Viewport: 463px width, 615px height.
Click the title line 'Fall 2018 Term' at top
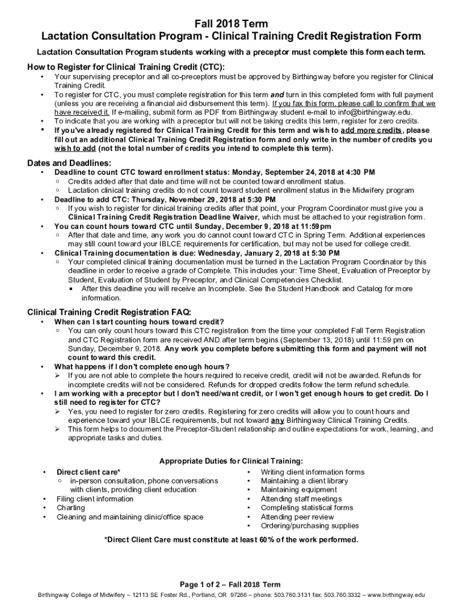231,23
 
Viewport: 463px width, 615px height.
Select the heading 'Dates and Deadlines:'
69,163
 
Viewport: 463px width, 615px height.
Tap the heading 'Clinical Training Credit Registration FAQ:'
109,312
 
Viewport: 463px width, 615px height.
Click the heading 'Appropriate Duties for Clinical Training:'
231,461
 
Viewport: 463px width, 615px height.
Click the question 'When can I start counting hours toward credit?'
140,322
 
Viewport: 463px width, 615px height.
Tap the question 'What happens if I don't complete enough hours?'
141,366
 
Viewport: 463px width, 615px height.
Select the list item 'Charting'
71,508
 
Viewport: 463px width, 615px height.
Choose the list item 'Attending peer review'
297,517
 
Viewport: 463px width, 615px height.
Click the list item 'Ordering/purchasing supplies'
310,526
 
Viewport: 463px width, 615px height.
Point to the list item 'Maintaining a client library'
304,481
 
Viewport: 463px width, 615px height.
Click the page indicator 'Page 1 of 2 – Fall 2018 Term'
231,584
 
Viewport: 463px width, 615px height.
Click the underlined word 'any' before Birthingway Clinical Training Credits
277,420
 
